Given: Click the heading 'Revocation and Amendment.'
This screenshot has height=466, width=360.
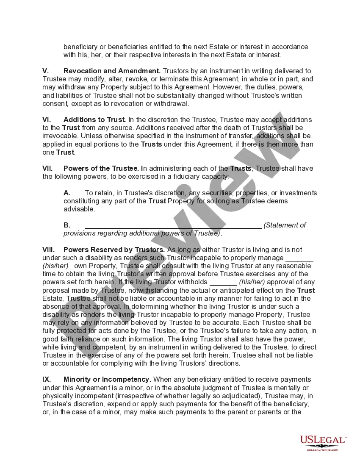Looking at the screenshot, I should [x=112, y=71].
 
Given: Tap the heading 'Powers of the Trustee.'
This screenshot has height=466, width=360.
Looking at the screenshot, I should [x=100, y=169].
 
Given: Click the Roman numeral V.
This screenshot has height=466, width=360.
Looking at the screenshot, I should [x=46, y=71].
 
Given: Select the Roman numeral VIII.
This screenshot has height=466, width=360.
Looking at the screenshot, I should [x=49, y=250].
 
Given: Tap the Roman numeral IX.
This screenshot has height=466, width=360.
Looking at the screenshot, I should [x=47, y=380].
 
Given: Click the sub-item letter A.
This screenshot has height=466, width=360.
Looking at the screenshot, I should [x=67, y=193].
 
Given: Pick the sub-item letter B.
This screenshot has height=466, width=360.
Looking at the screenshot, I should [x=67, y=225].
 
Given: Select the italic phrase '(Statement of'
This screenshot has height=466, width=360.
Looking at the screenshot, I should [x=285, y=225].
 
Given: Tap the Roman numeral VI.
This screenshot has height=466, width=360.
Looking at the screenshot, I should [x=47, y=120].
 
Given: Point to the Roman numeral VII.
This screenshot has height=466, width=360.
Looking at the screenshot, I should [x=48, y=169].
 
